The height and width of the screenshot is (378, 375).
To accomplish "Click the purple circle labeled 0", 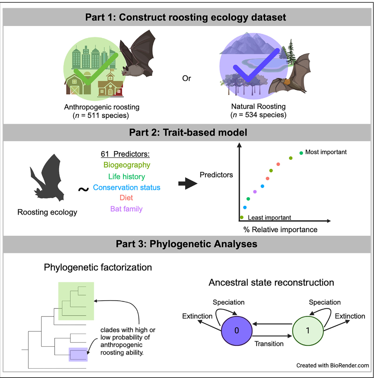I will (237, 330).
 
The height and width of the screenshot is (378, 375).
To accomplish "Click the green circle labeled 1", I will (308, 330).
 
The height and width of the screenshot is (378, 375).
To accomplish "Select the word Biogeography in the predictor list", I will (127, 165).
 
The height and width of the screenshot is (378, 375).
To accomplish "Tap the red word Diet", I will (126, 198).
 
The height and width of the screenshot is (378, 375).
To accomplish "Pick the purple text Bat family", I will (126, 209).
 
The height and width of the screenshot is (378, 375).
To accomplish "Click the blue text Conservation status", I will (127, 188).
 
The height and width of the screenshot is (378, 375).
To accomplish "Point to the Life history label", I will (127, 177).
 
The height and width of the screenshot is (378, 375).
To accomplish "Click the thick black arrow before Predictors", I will (188, 184).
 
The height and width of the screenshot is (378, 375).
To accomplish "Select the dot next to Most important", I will (301, 153).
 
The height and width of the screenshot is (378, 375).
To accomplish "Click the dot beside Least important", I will (242, 217).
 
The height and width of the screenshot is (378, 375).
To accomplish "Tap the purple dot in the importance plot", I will (255, 192).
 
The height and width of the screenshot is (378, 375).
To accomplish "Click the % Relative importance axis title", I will (280, 230).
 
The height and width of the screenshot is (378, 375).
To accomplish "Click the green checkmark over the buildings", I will (94, 70).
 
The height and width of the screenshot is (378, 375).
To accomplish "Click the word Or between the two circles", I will (187, 78).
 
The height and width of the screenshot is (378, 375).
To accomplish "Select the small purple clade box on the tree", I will (78, 354).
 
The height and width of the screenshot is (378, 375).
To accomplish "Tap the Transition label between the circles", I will (269, 344).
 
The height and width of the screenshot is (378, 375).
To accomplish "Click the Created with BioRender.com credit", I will (333, 365).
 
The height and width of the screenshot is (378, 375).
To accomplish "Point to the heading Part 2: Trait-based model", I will (188, 133).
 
